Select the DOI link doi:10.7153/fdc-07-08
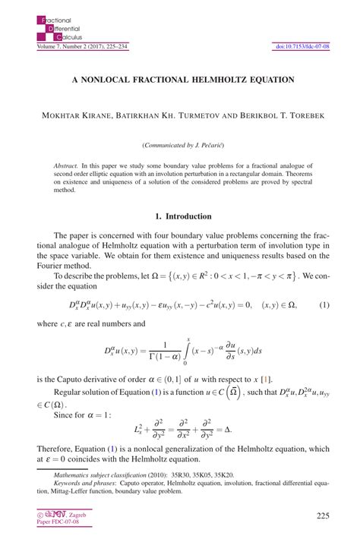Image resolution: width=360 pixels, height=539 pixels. pos(302,47)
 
